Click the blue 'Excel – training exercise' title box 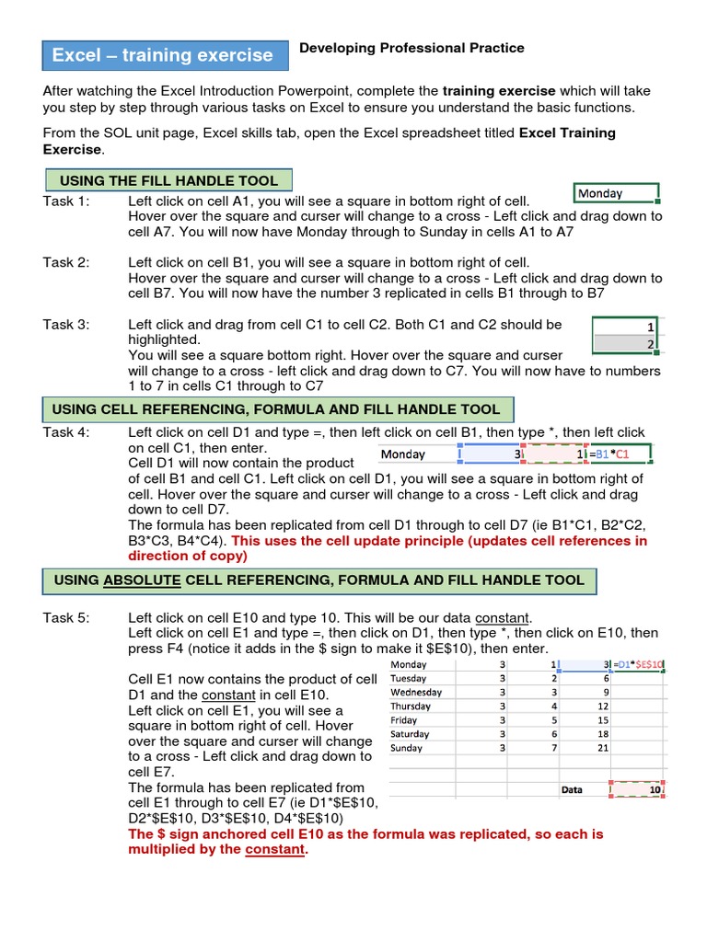(162, 55)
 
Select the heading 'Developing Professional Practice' (411, 48)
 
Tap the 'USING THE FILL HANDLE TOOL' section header (168, 180)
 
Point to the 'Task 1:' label (66, 201)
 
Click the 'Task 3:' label (66, 324)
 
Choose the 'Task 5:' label (66, 617)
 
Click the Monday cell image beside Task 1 (615, 193)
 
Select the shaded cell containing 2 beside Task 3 (626, 344)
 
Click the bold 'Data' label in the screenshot (572, 789)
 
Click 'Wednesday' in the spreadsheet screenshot (416, 692)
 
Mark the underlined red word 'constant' (274, 849)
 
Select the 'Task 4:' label (66, 431)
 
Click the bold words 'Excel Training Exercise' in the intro (567, 133)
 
